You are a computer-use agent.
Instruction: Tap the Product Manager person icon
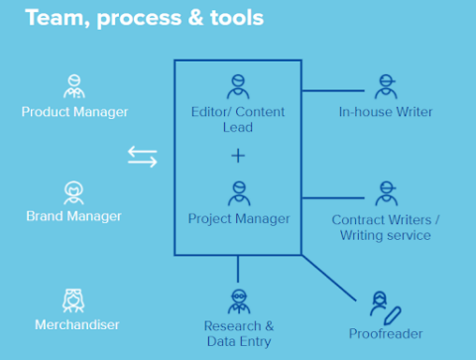pos(74,84)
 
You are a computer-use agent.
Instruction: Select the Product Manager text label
pos(74,112)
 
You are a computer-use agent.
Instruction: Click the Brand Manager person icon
pos(73,189)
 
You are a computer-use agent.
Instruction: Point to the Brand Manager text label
pos(73,216)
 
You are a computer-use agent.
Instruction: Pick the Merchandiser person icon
pos(73,297)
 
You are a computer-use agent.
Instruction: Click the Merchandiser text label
pos(73,324)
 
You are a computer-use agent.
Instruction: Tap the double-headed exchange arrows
pos(143,157)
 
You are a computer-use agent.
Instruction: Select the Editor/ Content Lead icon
pos(237,84)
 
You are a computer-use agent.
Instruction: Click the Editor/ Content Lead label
pos(237,119)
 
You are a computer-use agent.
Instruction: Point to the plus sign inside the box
pos(237,156)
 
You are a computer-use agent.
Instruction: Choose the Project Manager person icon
pos(237,191)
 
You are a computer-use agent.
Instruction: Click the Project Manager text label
pos(237,218)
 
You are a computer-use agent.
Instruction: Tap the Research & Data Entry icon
pos(238,300)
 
